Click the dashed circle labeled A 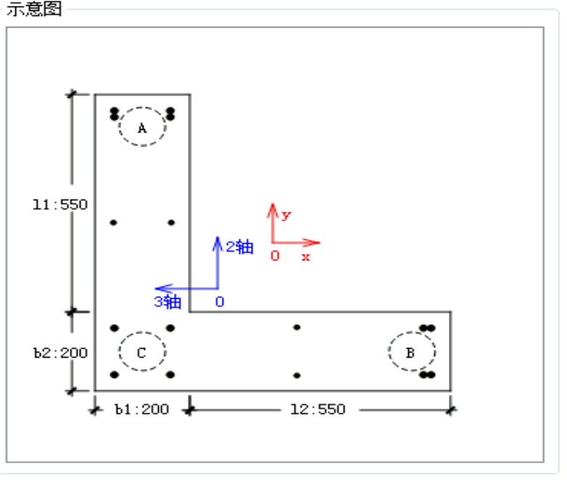pos(142,127)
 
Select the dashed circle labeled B pos(411,352)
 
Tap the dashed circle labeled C pos(142,352)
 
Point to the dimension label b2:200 pos(60,353)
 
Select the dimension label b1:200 pos(141,410)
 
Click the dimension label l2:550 pos(318,410)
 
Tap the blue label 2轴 pos(239,247)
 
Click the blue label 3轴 pos(167,302)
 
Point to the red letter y pos(286,215)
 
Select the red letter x pos(306,257)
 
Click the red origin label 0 pos(275,256)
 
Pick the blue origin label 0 pos(219,302)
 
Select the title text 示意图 pos(33,9)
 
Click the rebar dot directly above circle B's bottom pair pos(427,328)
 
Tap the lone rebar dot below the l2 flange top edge pos(297,328)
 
